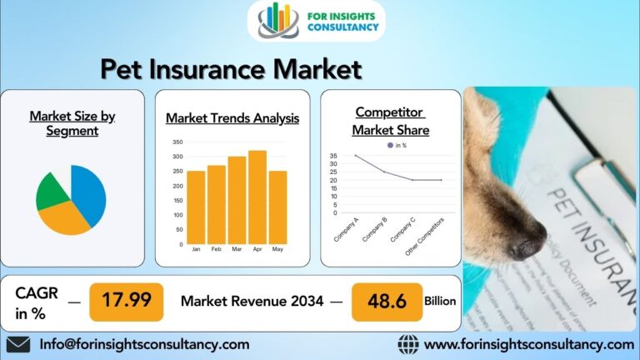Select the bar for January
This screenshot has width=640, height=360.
pos(196,207)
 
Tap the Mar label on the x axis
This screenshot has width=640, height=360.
pos(237,249)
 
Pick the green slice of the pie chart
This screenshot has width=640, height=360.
pos(52,191)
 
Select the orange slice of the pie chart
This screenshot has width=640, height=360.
pos(63,219)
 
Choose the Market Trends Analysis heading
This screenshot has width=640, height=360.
pos(232,118)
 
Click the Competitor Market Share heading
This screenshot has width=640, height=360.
pos(390,121)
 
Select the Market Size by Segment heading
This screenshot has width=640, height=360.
pos(72,123)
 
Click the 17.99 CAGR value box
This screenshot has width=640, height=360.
pos(126,301)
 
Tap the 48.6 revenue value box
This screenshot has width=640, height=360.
pos(387,301)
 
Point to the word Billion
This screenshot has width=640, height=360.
pos(440,301)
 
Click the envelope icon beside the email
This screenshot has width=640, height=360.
pos(18,344)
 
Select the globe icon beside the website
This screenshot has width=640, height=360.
pos(407,344)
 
